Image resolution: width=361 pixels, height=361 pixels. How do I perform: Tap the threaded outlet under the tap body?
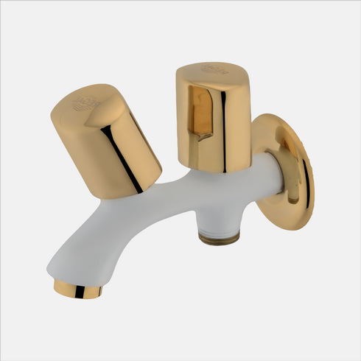coord(220,235)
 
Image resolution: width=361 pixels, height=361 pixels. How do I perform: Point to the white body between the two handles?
coord(177,195)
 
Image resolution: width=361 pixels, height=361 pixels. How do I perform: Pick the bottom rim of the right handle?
coord(214,168)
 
